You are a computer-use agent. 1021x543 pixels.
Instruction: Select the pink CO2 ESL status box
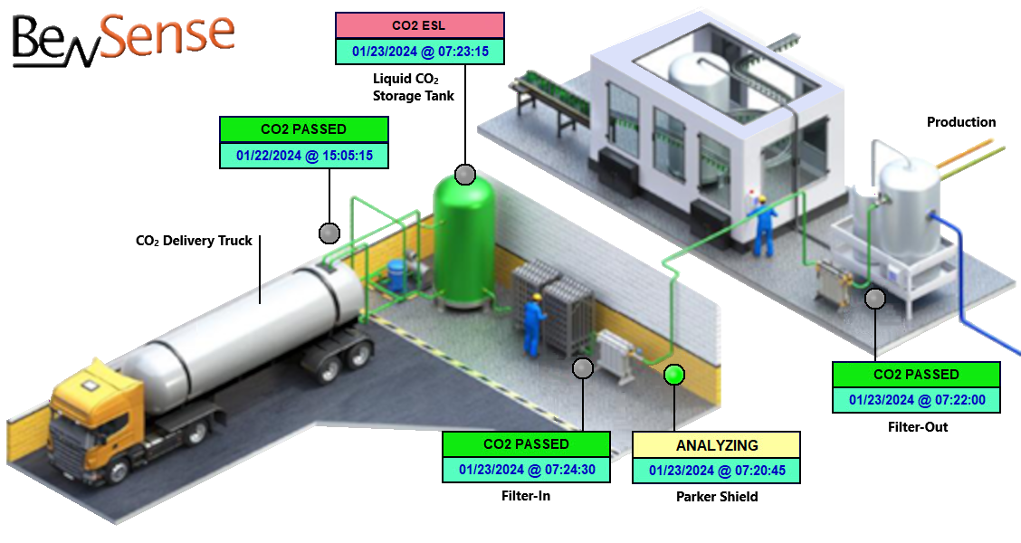419,25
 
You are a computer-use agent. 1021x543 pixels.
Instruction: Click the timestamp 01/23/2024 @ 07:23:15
419,52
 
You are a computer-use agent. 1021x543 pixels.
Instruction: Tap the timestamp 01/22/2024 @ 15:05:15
304,156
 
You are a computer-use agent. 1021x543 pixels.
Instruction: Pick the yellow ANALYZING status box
716,445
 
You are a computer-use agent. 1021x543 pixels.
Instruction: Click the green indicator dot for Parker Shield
674,374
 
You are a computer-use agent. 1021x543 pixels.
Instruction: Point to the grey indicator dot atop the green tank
464,175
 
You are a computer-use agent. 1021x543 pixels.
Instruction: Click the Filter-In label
526,496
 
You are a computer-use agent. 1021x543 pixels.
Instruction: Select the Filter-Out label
916,425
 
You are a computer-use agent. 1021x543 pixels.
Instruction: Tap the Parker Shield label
717,496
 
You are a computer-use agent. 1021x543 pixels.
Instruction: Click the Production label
961,122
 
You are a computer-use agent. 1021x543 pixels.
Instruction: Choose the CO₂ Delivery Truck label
194,241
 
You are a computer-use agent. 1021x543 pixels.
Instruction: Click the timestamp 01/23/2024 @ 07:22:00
916,399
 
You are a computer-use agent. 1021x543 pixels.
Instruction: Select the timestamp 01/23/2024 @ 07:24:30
526,470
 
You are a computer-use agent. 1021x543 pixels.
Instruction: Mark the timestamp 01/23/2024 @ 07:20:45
716,471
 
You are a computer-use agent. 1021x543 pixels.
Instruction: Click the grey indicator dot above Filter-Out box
875,299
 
